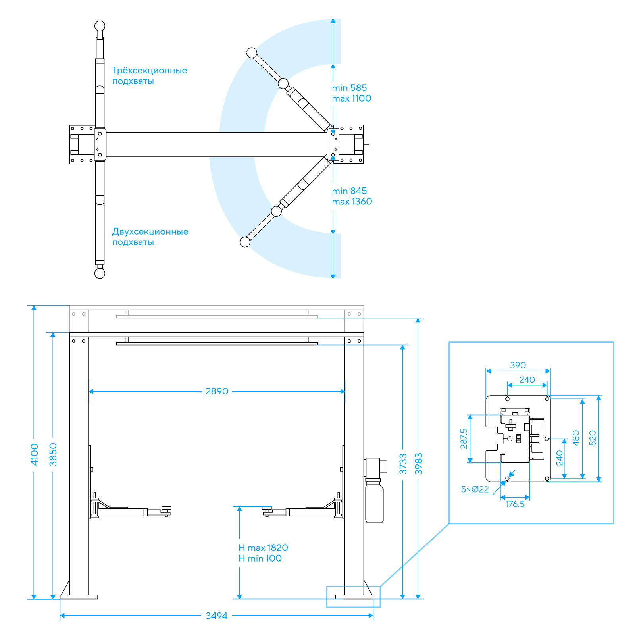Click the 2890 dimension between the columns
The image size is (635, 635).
tap(217, 391)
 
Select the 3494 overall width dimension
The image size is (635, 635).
tap(216, 616)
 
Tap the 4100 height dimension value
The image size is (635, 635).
tap(35, 454)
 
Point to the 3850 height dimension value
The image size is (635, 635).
tap(53, 454)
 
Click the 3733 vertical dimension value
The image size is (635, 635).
tap(403, 464)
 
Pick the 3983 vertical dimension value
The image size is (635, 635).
tap(419, 464)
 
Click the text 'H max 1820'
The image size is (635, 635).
tap(263, 548)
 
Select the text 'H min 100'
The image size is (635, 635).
tap(260, 558)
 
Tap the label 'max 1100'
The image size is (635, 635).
tap(352, 98)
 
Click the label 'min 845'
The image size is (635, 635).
tap(349, 191)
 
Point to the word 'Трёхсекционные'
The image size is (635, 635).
tap(150, 70)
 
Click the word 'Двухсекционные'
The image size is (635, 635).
tap(150, 231)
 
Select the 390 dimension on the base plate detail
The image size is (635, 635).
tap(518, 365)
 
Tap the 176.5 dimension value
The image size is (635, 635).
tap(515, 504)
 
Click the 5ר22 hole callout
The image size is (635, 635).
tap(475, 489)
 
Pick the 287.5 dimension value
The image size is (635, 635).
tap(464, 439)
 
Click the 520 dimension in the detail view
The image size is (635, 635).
tap(593, 438)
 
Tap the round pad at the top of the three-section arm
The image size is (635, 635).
tap(100, 26)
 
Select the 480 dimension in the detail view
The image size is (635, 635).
tap(576, 438)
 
